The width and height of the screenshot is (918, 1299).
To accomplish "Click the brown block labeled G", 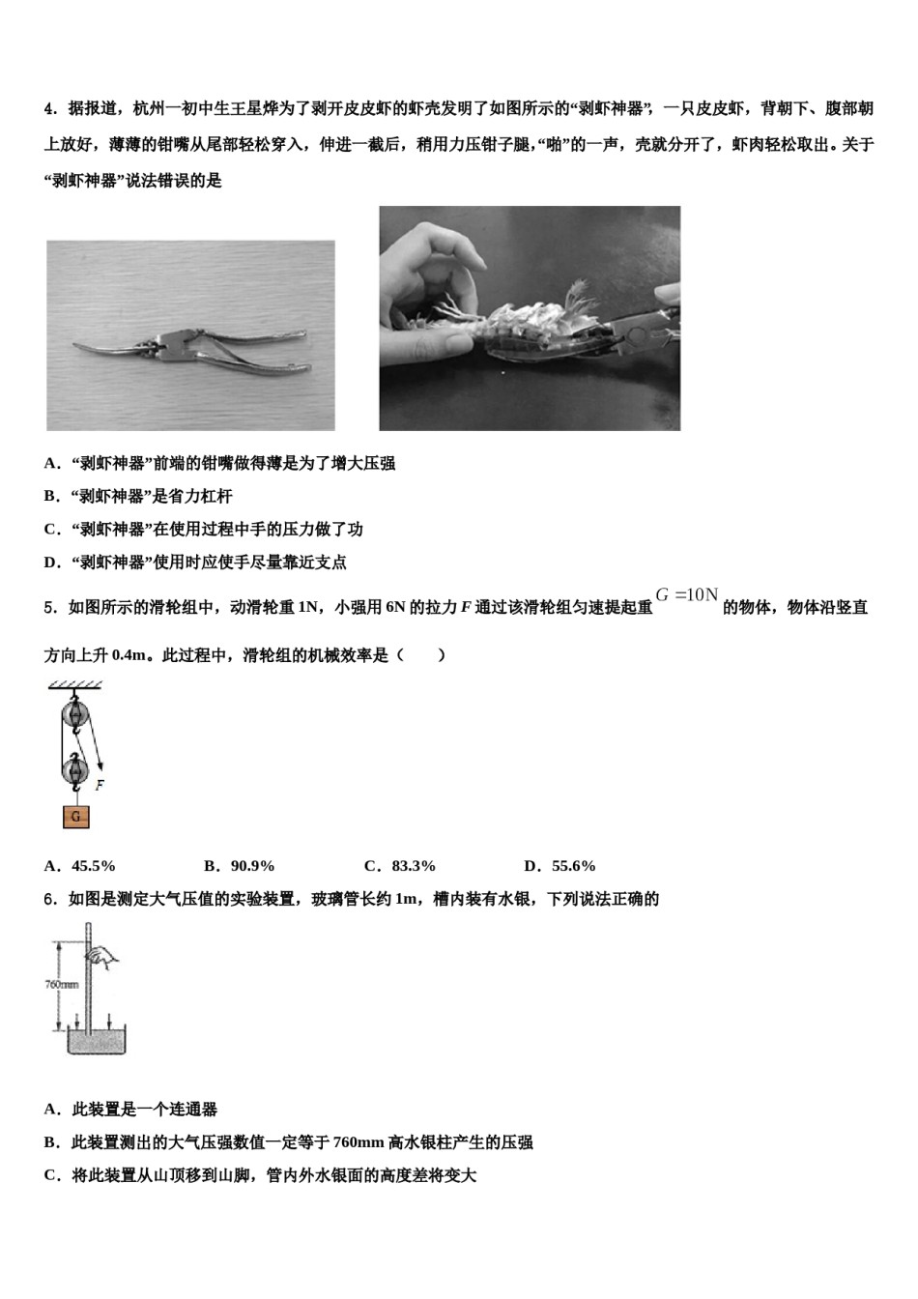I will pyautogui.click(x=76, y=817).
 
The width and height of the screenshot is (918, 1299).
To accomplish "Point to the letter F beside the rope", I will pyautogui.click(x=100, y=785).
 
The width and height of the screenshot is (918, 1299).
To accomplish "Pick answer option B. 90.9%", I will pyautogui.click(x=240, y=866).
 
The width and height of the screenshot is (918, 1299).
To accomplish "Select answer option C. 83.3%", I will pyautogui.click(x=400, y=866).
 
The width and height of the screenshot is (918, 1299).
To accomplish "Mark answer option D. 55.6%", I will pyautogui.click(x=559, y=866).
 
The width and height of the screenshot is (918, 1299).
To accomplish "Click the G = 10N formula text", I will pyautogui.click(x=687, y=595).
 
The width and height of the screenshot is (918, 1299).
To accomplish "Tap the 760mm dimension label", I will pyautogui.click(x=62, y=985).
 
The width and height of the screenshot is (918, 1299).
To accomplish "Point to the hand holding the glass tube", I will pyautogui.click(x=103, y=957).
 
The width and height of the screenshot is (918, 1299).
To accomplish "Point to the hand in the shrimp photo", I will pyautogui.click(x=435, y=280).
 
